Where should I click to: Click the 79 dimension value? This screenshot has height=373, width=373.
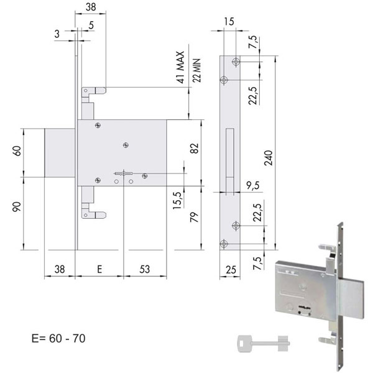[195, 218]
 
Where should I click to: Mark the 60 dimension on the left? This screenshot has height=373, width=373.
[18, 151]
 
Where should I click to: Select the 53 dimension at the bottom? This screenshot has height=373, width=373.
[145, 269]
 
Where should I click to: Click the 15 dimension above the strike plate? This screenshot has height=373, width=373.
[229, 22]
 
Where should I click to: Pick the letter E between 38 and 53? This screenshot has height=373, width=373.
[99, 269]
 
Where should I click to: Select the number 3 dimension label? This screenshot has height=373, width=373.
[57, 34]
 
